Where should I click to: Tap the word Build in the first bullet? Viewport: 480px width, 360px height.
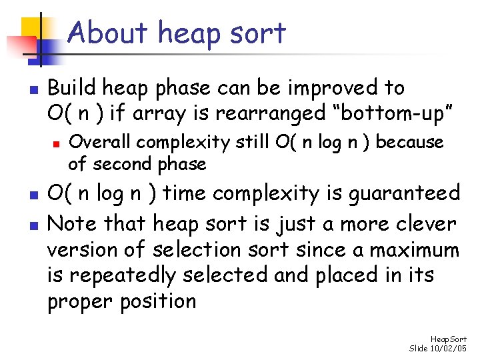(72, 88)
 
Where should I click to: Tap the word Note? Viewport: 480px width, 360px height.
(69, 223)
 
